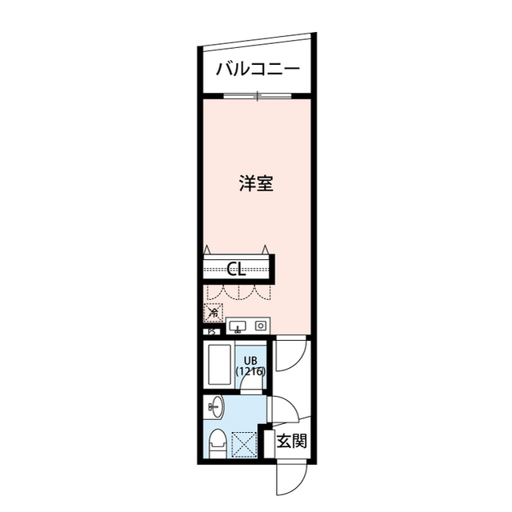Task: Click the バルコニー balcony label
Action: tap(257, 69)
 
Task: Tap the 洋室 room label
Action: tap(257, 183)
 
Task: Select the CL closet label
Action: tap(236, 269)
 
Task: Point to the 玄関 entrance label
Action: tap(291, 441)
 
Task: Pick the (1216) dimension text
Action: tap(250, 371)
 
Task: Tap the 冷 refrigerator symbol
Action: tap(214, 313)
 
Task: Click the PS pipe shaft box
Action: tap(212, 331)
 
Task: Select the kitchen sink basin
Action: tap(238, 326)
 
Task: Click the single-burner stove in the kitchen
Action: tap(260, 326)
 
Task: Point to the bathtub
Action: tap(218, 366)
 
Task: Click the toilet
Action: tap(216, 442)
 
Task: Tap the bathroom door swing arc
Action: tap(251, 382)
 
